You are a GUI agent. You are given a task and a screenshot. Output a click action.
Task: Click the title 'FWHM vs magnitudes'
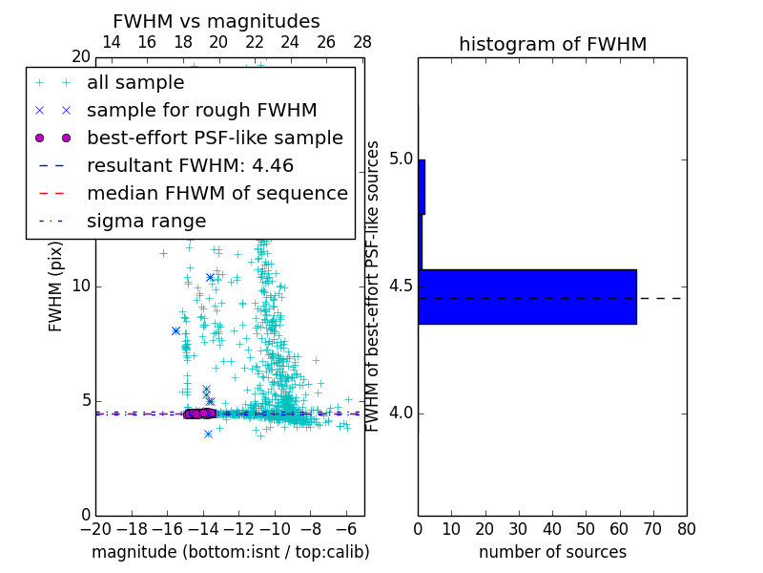click(217, 22)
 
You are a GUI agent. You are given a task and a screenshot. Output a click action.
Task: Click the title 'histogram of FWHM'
click(552, 44)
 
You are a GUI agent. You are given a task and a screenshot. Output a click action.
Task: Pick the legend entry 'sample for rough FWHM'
click(201, 110)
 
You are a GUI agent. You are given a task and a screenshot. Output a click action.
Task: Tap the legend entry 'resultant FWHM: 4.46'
click(190, 165)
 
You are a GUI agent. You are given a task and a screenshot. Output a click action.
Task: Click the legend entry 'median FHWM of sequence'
click(217, 193)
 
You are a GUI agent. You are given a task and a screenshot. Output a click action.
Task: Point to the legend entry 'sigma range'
click(146, 221)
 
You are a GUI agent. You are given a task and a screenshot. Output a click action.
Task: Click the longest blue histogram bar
click(527, 297)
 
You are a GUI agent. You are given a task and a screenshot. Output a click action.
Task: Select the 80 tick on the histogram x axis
click(686, 528)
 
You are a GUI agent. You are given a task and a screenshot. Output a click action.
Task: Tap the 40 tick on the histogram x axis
click(552, 528)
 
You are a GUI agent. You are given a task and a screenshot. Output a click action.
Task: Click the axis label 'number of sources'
click(552, 552)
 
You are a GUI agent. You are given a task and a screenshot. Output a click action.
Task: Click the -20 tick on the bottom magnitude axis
click(95, 528)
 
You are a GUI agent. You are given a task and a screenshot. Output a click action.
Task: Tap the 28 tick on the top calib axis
click(362, 42)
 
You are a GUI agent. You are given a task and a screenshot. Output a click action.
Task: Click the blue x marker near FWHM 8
click(176, 330)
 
